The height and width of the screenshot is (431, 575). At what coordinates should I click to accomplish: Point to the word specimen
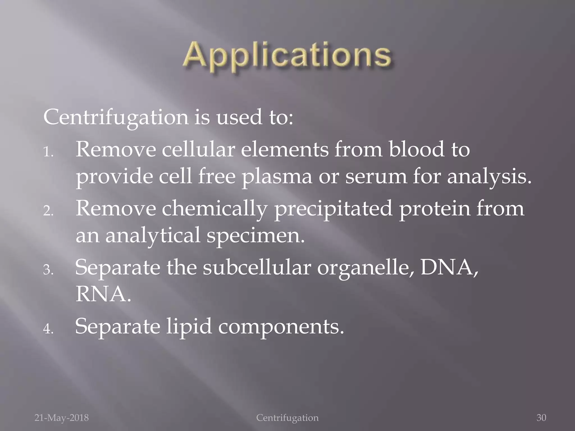(x=255, y=236)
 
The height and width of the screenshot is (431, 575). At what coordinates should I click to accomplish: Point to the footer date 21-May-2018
(x=61, y=418)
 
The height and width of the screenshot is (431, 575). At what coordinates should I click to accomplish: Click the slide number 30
(x=541, y=418)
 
